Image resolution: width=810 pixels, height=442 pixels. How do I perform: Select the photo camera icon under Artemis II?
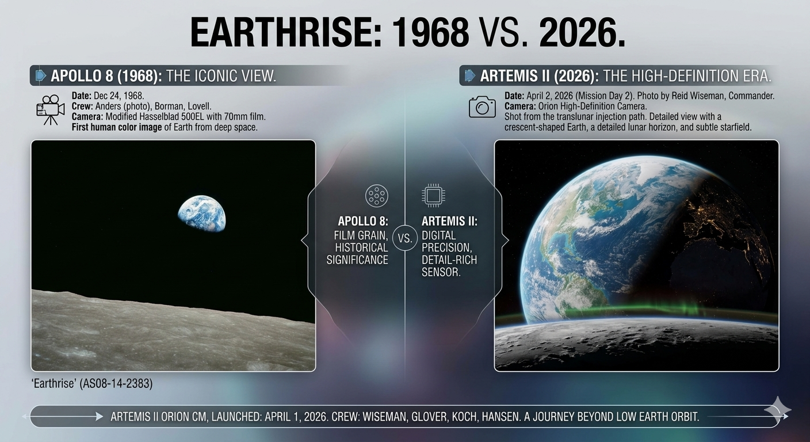482,107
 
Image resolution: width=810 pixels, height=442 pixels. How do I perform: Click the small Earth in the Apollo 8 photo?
202,214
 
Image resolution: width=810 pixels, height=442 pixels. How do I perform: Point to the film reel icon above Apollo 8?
376,196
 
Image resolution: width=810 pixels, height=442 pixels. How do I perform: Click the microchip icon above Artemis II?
433,196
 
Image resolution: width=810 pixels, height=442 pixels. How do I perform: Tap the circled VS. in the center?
405,238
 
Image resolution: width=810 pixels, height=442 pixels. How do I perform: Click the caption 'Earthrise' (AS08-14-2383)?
91,383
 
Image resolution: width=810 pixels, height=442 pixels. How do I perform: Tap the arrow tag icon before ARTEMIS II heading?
470,75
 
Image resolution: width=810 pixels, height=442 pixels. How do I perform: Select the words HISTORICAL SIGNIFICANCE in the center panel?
357,253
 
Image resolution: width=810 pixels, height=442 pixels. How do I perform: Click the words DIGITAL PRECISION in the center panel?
440,241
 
